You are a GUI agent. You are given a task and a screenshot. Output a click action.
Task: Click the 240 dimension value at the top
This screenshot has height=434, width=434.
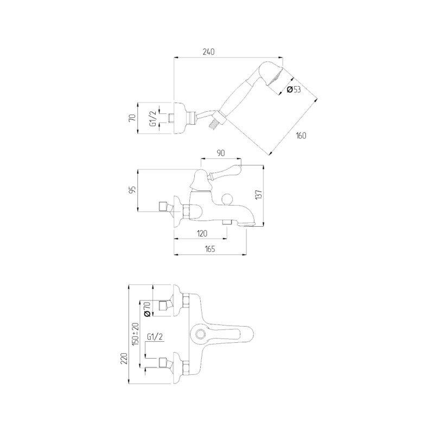point(208,52)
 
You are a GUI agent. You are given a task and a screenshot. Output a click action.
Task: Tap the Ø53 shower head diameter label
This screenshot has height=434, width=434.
point(293,90)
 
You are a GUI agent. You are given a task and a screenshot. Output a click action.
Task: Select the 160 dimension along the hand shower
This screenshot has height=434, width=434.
point(301,136)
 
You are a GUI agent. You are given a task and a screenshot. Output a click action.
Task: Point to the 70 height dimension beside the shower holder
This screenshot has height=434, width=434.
point(132,117)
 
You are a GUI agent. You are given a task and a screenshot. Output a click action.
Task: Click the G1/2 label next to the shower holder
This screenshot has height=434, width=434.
point(153,119)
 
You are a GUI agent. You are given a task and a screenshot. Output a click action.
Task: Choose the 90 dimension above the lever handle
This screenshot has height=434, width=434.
point(221,153)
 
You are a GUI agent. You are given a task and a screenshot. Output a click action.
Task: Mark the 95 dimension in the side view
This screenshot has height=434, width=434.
point(133,189)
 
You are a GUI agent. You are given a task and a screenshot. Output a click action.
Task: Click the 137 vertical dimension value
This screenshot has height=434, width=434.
point(259,195)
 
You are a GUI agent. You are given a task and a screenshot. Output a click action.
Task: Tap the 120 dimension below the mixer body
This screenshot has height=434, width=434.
point(202,233)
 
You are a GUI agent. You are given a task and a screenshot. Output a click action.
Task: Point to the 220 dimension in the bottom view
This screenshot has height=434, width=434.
point(125,359)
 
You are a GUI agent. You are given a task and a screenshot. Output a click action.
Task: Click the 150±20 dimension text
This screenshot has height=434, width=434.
point(136,334)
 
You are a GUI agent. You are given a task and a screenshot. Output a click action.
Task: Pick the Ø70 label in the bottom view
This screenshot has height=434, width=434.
point(147,309)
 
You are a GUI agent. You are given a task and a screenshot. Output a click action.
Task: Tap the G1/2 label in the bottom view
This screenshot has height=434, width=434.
point(155,336)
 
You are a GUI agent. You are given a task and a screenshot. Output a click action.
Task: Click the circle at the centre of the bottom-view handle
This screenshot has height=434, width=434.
point(200,334)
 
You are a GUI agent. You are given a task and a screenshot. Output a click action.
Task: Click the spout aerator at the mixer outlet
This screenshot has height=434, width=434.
point(247,224)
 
